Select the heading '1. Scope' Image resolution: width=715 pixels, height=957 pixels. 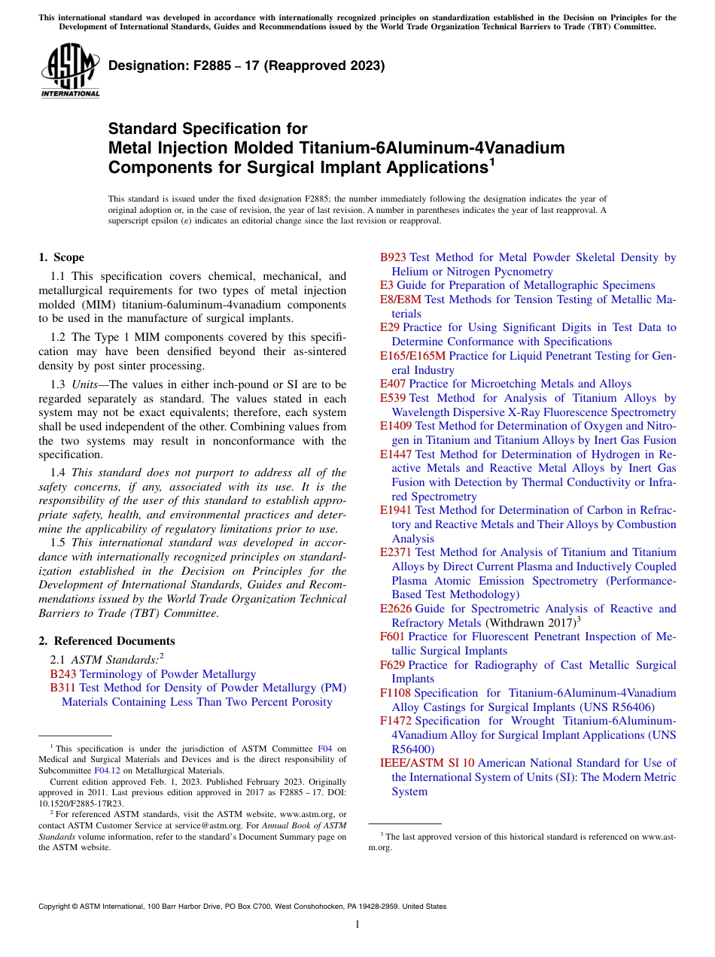click(62, 257)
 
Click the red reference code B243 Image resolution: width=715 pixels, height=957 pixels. click(63, 674)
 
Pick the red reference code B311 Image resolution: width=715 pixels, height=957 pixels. click(63, 688)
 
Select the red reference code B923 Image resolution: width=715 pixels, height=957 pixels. click(393, 257)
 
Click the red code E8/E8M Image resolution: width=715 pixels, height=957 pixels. click(400, 299)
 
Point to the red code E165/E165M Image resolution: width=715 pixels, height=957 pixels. click(412, 356)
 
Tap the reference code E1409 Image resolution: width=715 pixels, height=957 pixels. click(396, 426)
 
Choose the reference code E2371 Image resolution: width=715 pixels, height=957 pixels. click(396, 553)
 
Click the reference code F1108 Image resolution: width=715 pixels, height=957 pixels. click(395, 693)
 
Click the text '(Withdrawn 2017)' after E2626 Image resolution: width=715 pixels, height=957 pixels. click(531, 623)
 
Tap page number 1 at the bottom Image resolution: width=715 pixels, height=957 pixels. click(357, 925)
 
